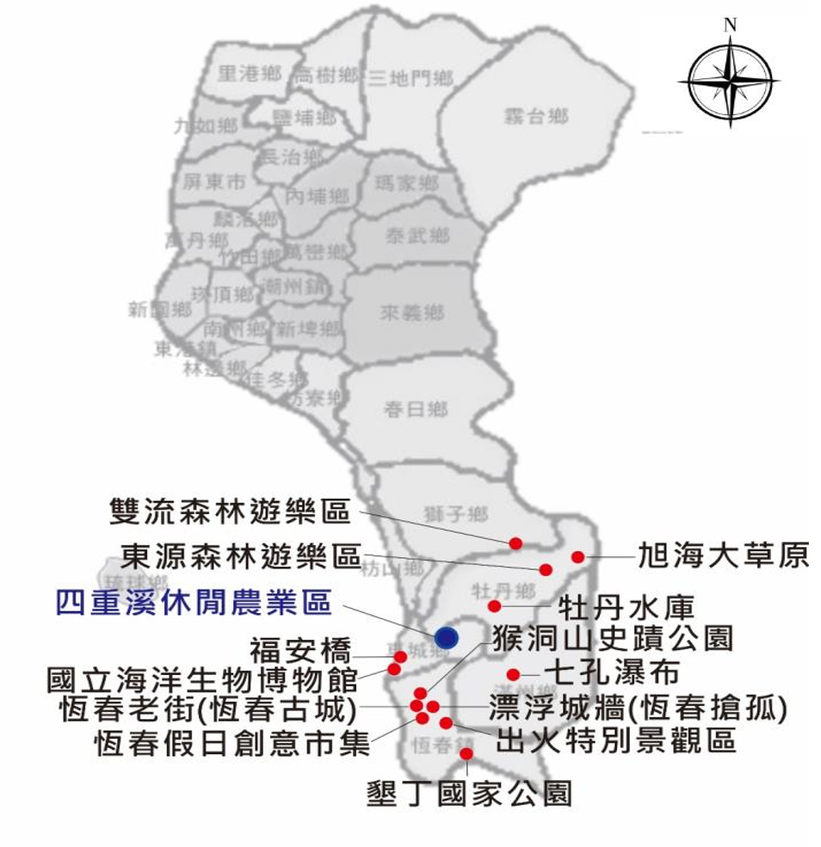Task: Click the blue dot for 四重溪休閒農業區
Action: coord(447,636)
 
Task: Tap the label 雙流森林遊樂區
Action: coord(231,511)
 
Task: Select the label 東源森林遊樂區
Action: coord(240,555)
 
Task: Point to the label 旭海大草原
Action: coord(724,556)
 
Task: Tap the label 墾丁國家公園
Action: coord(469,791)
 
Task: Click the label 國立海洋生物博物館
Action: coord(202,680)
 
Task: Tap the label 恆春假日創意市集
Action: coord(232,741)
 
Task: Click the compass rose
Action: coord(729,83)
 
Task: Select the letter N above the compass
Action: coord(730,25)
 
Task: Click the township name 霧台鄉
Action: coord(535,116)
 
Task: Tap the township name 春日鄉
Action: coord(416,409)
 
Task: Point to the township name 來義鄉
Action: coord(412,313)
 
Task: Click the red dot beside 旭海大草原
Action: coord(577,557)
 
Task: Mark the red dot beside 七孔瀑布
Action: coord(513,674)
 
